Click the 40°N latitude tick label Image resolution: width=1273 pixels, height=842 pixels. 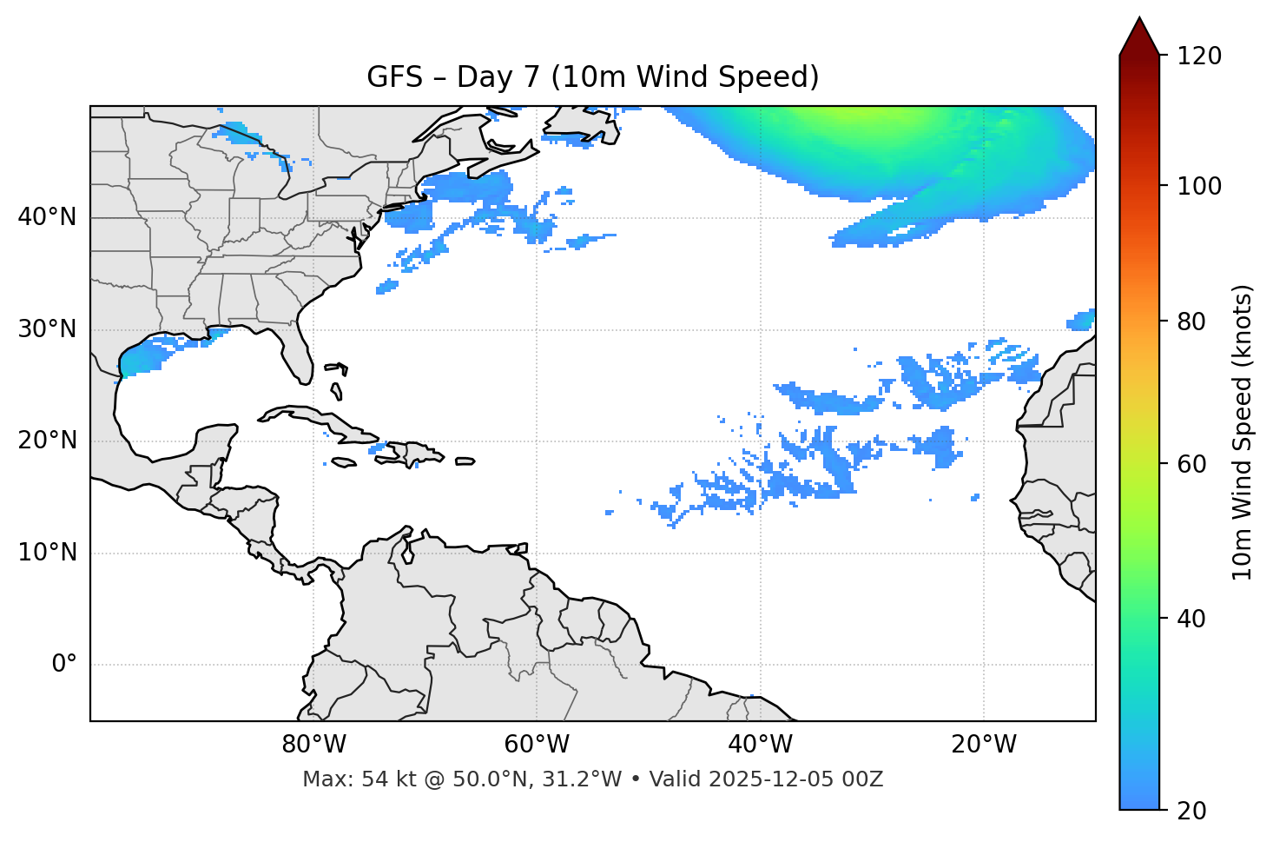(47, 217)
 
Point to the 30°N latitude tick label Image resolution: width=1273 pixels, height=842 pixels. (47, 329)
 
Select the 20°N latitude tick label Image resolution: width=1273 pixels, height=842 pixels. (47, 441)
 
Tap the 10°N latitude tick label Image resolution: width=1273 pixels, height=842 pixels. (47, 553)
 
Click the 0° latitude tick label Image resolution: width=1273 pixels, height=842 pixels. (64, 665)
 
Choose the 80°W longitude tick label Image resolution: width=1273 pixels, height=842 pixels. (313, 745)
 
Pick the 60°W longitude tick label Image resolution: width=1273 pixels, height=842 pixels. (537, 745)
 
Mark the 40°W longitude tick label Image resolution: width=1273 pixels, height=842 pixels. (760, 745)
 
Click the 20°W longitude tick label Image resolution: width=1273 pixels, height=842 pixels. (984, 745)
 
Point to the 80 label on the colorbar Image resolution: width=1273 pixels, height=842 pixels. (1196, 322)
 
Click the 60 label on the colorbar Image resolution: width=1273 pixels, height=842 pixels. (1196, 465)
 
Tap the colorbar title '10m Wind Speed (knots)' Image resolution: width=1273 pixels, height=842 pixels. (1243, 432)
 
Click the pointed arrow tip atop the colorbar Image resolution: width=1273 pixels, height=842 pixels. (1139, 21)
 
